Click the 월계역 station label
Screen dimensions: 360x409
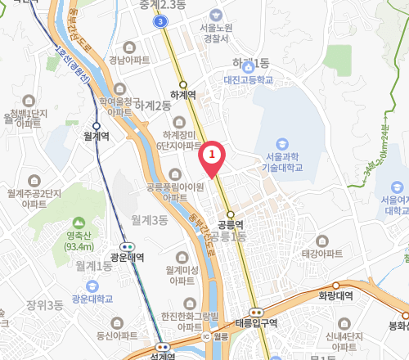pyautogui.click(x=97, y=137)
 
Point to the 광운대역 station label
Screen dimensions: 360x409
pyautogui.click(x=127, y=257)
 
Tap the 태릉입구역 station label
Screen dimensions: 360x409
pyautogui.click(x=256, y=322)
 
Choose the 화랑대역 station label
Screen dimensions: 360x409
pyautogui.click(x=334, y=296)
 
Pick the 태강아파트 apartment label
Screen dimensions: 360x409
pyautogui.click(x=321, y=254)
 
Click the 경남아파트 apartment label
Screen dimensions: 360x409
pyautogui.click(x=129, y=60)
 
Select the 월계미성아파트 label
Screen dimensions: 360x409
pyautogui.click(x=182, y=275)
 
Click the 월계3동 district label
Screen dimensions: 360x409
pyautogui.click(x=148, y=220)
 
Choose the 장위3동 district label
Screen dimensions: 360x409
pyautogui.click(x=44, y=305)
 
